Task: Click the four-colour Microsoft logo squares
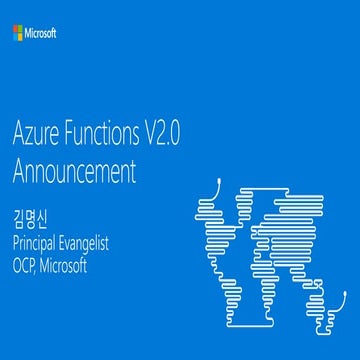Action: point(18,33)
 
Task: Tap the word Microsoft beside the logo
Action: point(41,33)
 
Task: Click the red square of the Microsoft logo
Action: point(15,30)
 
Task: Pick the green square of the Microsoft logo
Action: point(21,30)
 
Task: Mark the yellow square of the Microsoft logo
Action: point(21,36)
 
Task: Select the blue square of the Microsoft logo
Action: point(15,36)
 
